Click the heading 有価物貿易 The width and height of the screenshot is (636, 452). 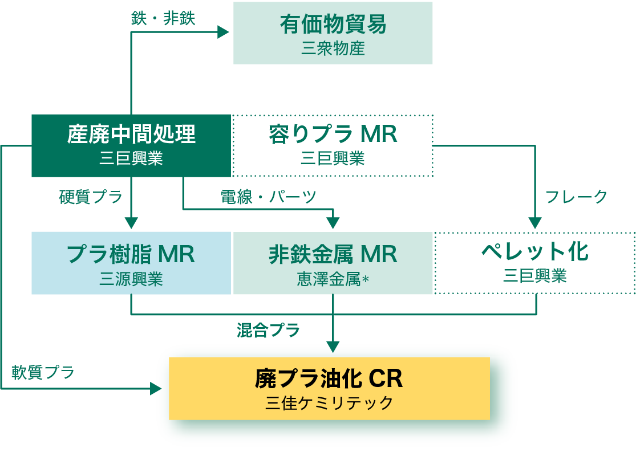333,25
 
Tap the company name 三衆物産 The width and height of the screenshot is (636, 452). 333,48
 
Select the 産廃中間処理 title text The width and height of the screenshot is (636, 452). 131,134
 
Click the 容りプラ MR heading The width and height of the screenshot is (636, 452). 333,134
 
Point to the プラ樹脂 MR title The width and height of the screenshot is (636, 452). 131,254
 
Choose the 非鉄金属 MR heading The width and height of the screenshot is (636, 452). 333,254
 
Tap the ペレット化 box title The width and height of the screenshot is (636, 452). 535,251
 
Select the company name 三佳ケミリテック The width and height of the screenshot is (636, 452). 329,403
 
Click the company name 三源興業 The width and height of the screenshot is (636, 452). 131,279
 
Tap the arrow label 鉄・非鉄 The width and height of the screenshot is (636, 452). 163,18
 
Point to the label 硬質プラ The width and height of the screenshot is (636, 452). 91,197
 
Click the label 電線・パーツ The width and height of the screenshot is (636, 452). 269,197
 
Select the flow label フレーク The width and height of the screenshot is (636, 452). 577,197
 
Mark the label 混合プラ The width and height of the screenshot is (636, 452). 269,330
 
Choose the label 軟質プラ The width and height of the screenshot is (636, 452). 43,373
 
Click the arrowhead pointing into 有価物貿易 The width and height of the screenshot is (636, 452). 223,32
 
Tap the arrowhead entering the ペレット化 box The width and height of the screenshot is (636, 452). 535,223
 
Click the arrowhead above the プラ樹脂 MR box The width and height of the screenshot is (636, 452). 132,223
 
